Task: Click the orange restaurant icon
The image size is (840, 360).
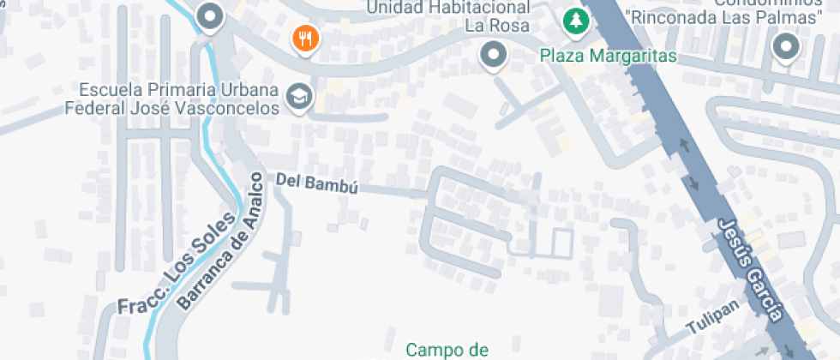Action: pyautogui.click(x=305, y=38)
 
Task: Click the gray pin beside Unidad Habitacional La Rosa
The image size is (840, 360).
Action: pyautogui.click(x=493, y=57)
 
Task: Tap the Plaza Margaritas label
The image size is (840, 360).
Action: pyautogui.click(x=609, y=57)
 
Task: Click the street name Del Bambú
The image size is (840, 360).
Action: pyautogui.click(x=316, y=183)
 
